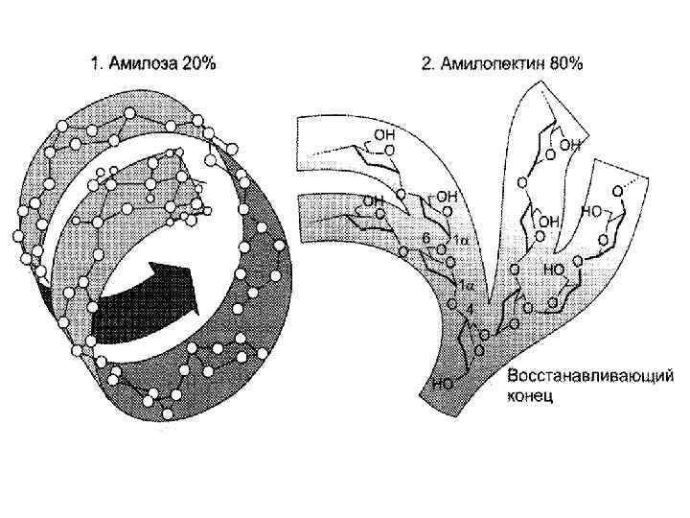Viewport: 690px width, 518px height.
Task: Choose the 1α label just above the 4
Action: [466, 285]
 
